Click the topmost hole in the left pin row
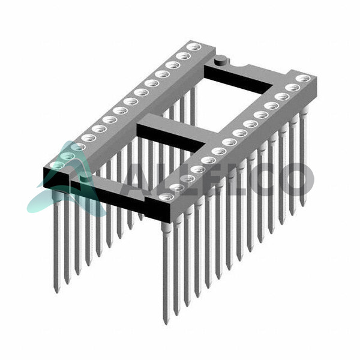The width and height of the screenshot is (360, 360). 194,47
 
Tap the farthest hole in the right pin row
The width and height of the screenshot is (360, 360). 303,79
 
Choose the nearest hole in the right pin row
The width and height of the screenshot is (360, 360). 166,197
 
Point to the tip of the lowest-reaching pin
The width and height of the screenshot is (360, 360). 166,324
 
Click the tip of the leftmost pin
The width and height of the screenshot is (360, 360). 56,293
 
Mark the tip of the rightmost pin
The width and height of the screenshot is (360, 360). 302,206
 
